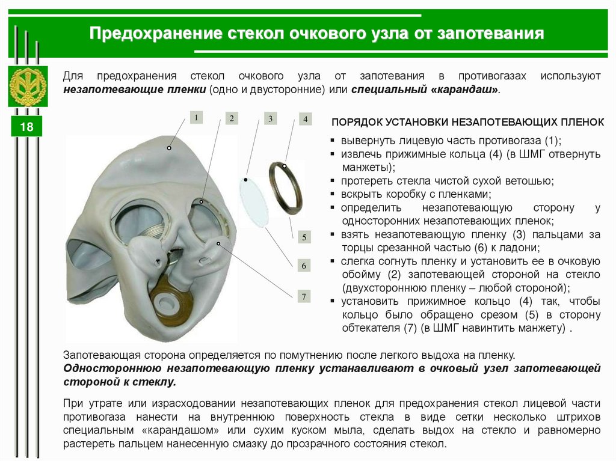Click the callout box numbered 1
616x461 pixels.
[x=196, y=117]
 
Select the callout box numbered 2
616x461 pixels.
[x=232, y=118]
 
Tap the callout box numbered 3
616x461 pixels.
[x=270, y=118]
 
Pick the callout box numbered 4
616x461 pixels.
[x=305, y=118]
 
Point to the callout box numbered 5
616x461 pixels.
[x=304, y=237]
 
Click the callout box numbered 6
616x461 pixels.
[x=304, y=266]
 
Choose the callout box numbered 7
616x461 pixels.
[x=304, y=296]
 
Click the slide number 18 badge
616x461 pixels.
[x=26, y=126]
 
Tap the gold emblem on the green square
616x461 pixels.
[x=28, y=87]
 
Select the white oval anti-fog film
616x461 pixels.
[x=254, y=202]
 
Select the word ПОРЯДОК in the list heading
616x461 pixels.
[x=357, y=122]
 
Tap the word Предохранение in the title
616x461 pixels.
[x=156, y=34]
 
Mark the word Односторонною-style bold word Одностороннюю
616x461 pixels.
[x=112, y=368]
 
